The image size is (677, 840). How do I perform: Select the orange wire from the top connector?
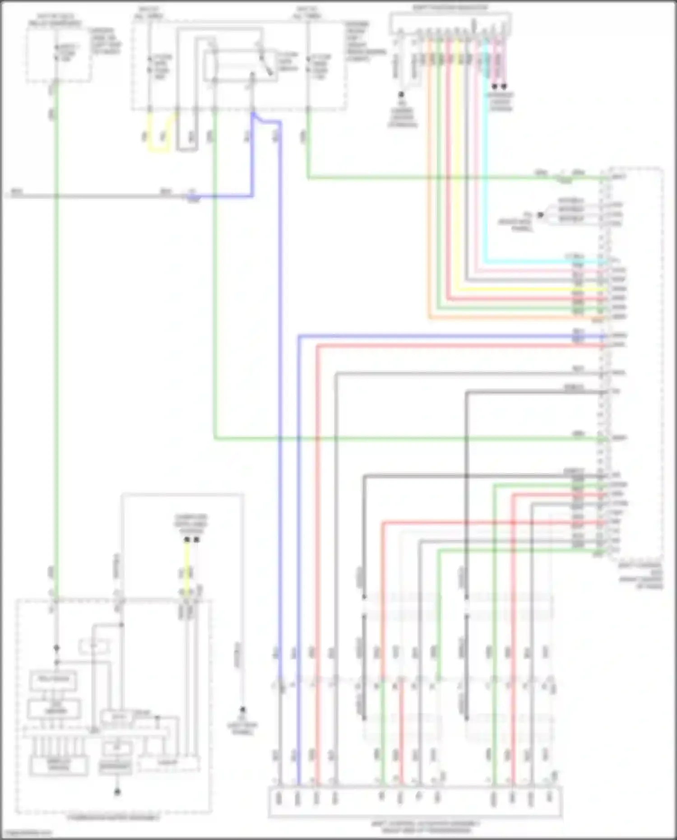pos(428,181)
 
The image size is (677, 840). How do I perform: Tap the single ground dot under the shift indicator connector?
pos(401,95)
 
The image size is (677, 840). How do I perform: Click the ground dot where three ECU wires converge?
pos(540,215)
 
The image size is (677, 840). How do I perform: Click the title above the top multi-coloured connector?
pos(450,8)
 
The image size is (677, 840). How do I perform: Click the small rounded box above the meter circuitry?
pos(94,647)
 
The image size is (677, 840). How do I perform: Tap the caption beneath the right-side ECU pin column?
pos(640,575)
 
